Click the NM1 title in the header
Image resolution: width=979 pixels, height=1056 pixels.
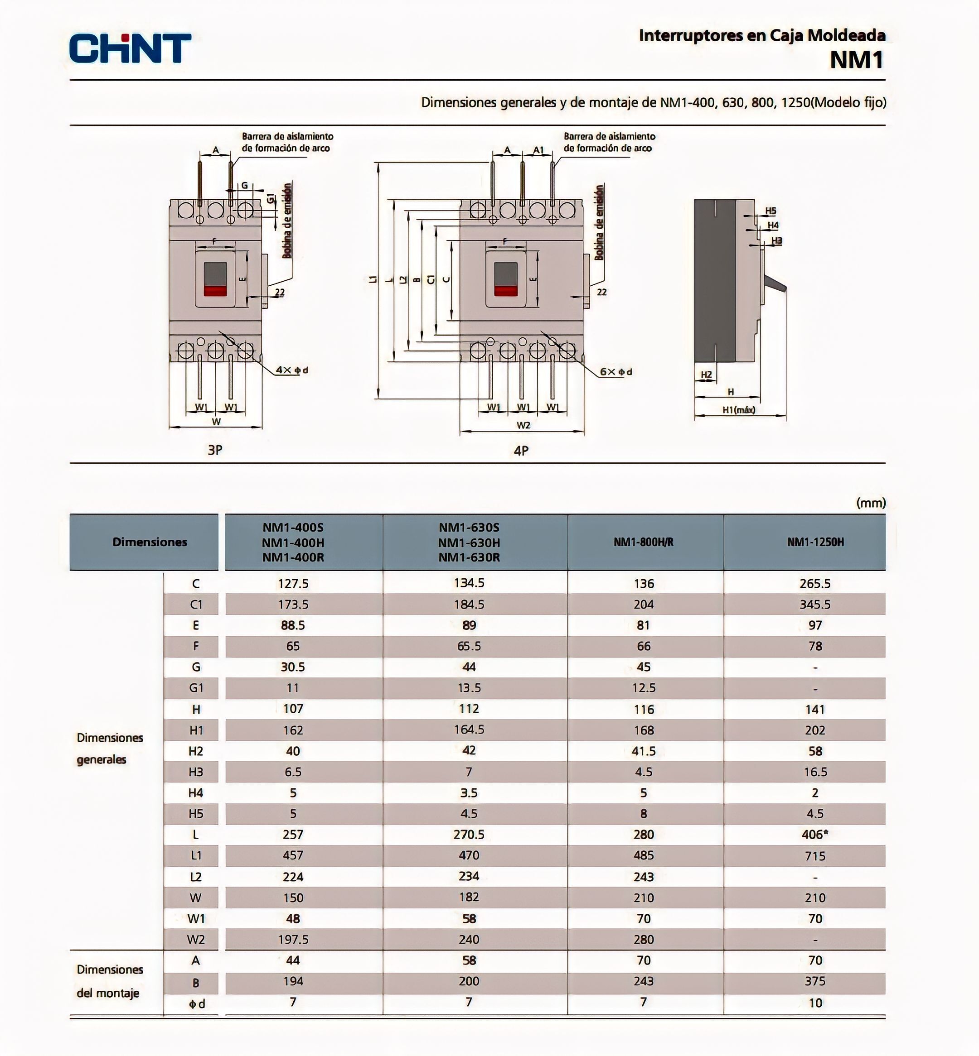(857, 60)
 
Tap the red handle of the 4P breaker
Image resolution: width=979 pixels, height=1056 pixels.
(506, 291)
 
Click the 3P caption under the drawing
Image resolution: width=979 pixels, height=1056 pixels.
(214, 450)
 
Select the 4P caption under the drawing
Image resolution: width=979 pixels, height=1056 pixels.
(521, 451)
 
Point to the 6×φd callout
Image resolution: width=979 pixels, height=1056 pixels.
(616, 372)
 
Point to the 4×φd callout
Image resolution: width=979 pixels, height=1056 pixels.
(292, 370)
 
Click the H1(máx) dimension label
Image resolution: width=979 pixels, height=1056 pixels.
(739, 409)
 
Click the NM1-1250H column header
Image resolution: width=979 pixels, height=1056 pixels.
(815, 542)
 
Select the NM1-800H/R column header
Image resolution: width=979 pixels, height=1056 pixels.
(643, 542)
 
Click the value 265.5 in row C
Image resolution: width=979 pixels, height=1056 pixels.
(815, 583)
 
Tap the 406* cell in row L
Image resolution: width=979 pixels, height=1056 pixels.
(815, 834)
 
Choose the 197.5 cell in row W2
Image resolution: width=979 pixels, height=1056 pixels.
(293, 939)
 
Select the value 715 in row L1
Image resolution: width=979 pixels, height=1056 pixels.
(815, 855)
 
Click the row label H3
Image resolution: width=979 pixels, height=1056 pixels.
(195, 772)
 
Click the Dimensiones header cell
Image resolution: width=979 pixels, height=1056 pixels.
(150, 542)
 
